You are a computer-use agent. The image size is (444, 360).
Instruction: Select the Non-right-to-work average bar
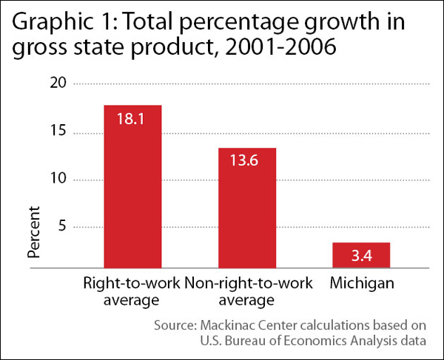pyautogui.click(x=247, y=207)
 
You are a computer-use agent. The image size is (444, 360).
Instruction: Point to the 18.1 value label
pyautogui.click(x=133, y=119)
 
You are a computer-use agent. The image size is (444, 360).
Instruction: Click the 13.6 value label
pyautogui.click(x=247, y=161)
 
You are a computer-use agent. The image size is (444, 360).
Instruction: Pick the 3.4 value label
pyautogui.click(x=362, y=256)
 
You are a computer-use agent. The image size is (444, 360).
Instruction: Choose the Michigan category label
pyautogui.click(x=362, y=284)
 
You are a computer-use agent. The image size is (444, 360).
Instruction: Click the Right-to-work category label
pyautogui.click(x=132, y=284)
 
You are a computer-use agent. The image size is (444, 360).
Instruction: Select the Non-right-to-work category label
pyautogui.click(x=247, y=284)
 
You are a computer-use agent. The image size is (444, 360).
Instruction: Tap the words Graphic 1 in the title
pyautogui.click(x=56, y=24)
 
